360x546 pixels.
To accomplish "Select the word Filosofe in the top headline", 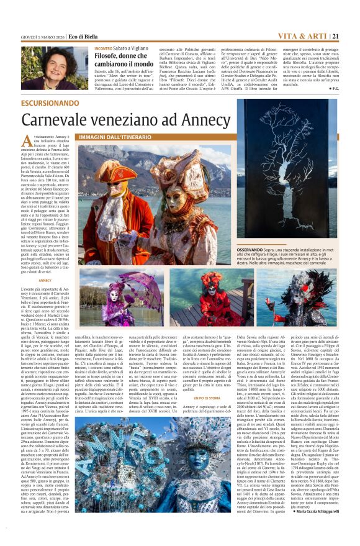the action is pos(107,55).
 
